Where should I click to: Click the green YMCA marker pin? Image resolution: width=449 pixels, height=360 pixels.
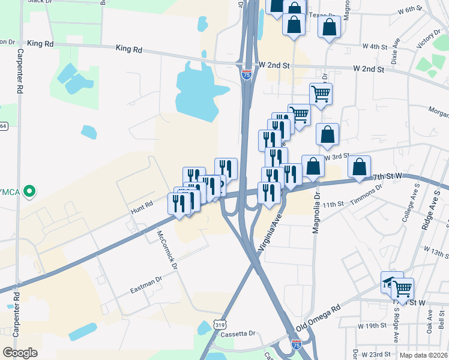(28, 193)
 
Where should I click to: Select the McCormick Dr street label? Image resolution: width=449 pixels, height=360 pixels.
(167, 250)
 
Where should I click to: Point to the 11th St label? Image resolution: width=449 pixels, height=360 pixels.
(332, 205)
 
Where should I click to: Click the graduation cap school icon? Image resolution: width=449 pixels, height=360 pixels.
(391, 281)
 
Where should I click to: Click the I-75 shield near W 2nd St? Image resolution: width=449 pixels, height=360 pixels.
(247, 74)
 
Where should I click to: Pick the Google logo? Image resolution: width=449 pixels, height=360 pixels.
(20, 353)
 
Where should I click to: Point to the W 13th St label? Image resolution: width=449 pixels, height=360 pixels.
(436, 250)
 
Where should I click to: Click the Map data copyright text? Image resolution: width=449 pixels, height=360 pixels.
(424, 355)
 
